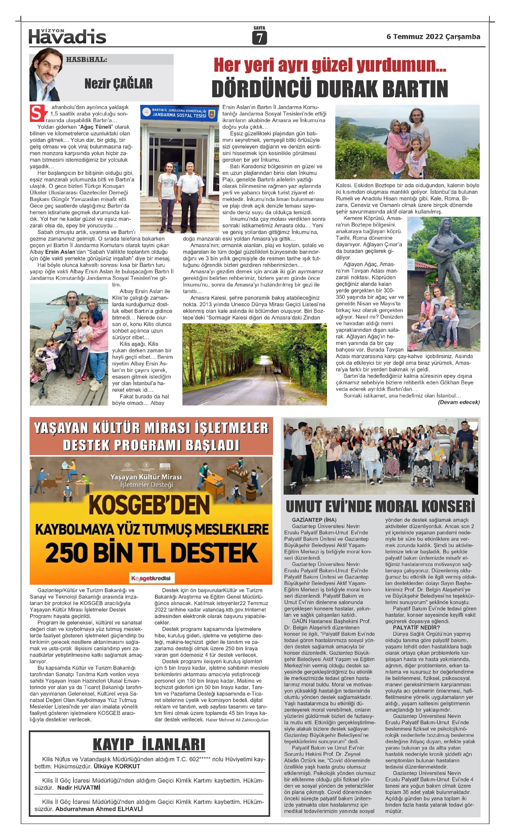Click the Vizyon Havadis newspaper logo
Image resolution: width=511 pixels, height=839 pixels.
67,37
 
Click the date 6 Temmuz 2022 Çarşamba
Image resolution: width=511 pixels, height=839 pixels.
433,37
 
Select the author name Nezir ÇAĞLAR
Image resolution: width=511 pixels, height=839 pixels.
118,84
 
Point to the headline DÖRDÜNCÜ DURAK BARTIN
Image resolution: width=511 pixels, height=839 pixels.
330,89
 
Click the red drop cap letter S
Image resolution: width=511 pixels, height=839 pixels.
37,113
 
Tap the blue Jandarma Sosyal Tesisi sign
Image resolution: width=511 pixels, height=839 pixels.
179,113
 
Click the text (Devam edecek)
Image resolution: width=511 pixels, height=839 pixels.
459,402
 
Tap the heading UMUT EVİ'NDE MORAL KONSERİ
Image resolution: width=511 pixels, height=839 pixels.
380,506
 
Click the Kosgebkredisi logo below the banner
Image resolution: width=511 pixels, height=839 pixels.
151,578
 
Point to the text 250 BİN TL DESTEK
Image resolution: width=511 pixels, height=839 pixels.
152,553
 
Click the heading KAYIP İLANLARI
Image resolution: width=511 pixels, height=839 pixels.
149,744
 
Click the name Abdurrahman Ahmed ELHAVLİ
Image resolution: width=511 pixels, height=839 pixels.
99,809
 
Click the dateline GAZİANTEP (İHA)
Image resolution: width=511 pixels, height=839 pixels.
314,520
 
